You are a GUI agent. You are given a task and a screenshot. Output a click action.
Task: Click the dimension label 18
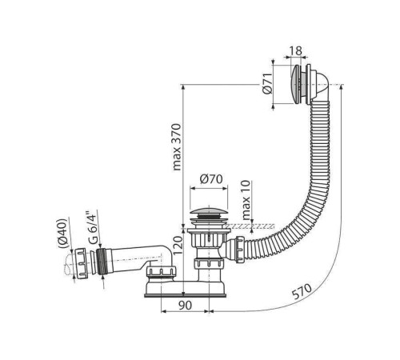(x=295, y=50)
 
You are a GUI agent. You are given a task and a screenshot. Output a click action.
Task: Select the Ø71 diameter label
(x=267, y=83)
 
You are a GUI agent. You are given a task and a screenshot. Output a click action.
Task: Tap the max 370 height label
(x=177, y=147)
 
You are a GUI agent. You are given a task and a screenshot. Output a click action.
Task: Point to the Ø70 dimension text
(x=211, y=179)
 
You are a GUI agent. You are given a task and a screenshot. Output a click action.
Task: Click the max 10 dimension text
(x=246, y=200)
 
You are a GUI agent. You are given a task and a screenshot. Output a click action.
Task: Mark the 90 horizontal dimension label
(x=185, y=306)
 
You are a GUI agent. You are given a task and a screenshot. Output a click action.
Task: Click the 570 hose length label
(x=302, y=291)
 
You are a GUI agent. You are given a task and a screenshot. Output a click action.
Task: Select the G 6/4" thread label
(x=93, y=228)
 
